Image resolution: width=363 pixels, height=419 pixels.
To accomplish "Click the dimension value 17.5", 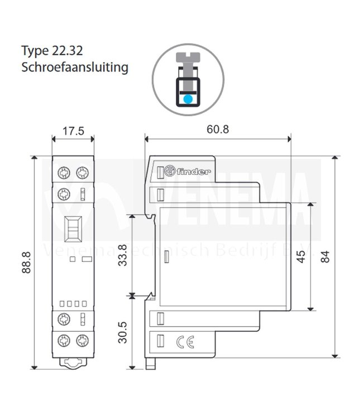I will pos(73,132).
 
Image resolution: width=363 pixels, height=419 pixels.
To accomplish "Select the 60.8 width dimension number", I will pos(217,129).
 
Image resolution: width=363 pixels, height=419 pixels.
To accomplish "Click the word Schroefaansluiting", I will pos(75,68).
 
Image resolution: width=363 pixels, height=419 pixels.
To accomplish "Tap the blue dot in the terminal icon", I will pos(188,98).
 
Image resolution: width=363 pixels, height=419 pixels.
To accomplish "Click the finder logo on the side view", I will pos(193,171).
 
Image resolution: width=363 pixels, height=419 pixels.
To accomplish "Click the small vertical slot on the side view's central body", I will pos(166,257).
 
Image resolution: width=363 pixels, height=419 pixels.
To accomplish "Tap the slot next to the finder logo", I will pos(161,171).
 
